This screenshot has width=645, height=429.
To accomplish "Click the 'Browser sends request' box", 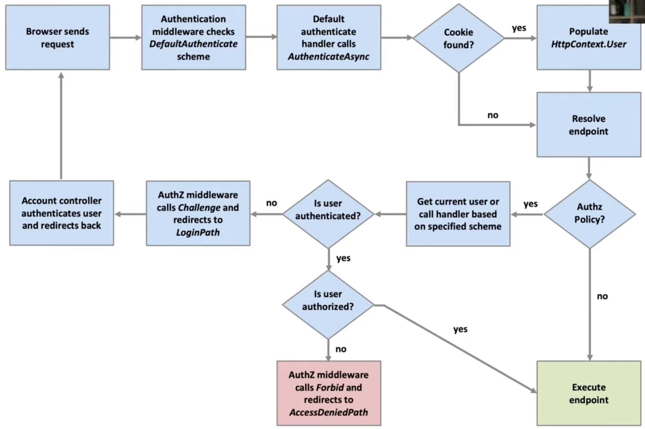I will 57,38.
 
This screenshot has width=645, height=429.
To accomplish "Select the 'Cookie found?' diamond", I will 458,38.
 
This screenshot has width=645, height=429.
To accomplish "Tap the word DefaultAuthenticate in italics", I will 193,44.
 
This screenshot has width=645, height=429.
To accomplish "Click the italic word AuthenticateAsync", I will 328,56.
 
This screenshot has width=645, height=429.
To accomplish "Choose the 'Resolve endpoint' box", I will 588,125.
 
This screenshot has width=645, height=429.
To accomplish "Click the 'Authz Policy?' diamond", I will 589,213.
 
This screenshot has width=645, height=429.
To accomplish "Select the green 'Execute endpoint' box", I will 588,393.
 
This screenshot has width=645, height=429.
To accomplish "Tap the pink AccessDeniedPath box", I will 328,393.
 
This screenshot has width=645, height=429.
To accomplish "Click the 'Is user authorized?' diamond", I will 328,301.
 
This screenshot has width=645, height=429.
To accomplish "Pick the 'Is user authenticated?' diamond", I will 328,210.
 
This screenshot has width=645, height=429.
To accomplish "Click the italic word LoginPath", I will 198,232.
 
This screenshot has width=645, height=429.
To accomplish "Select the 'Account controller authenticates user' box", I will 62,213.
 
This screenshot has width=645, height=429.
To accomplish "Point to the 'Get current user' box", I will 458,214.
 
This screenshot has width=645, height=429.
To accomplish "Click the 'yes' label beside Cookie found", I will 519,28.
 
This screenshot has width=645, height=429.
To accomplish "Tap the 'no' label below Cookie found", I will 493,115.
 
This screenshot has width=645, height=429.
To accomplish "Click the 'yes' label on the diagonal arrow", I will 460,329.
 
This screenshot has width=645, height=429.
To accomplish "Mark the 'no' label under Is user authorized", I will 341,349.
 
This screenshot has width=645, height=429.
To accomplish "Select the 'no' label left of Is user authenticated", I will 271,203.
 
